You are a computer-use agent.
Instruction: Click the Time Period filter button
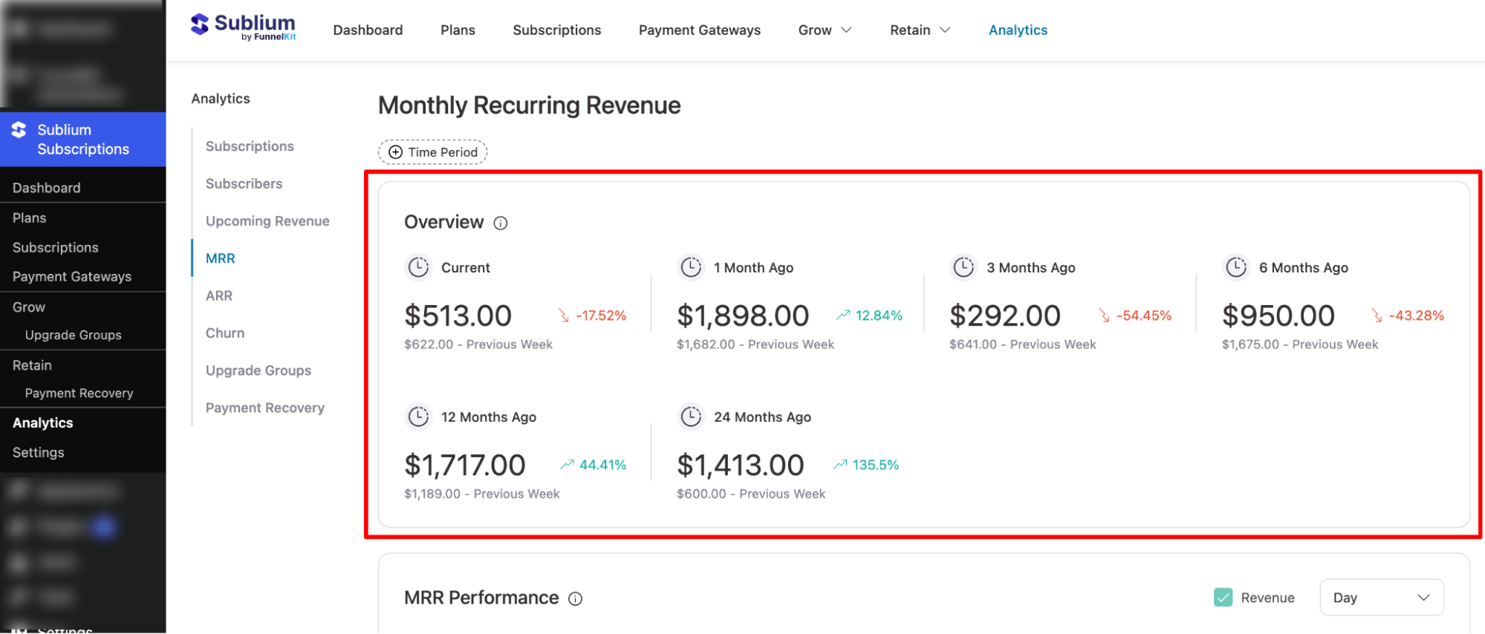point(433,152)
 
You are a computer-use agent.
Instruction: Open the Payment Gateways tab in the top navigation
point(699,30)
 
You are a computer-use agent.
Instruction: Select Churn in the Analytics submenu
point(225,333)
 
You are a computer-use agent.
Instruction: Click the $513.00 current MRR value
point(458,316)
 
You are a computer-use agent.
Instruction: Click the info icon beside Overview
point(501,223)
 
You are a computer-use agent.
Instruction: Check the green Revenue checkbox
point(1223,598)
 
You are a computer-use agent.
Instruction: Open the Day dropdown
point(1381,598)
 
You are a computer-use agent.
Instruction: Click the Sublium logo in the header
point(244,27)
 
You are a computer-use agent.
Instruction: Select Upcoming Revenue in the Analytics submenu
point(267,221)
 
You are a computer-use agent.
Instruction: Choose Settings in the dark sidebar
point(39,453)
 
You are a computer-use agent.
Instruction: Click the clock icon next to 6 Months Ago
point(1236,267)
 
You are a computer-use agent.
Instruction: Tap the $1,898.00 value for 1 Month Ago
point(742,316)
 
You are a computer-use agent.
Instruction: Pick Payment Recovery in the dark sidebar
point(79,393)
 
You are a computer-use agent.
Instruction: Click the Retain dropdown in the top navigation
point(920,30)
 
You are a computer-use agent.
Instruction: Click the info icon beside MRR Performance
point(576,599)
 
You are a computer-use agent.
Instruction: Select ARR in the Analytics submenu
point(219,296)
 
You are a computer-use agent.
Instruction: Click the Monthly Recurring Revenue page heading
point(529,105)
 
